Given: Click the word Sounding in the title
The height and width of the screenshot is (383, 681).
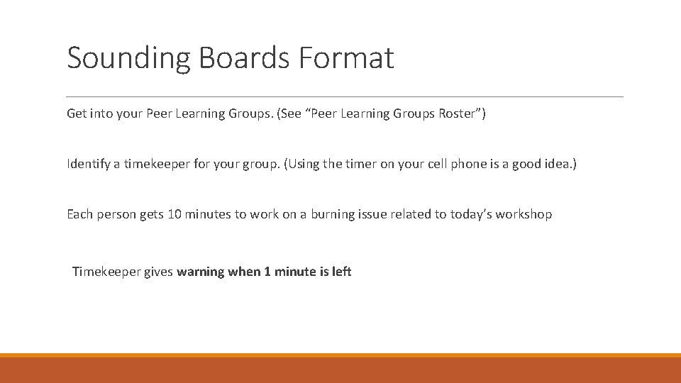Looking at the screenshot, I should [x=128, y=58].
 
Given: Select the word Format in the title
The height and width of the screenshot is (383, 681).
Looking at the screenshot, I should [x=346, y=58].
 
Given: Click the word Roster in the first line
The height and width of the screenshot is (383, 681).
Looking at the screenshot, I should [x=458, y=113].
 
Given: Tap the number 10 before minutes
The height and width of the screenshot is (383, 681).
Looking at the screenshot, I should [x=174, y=214].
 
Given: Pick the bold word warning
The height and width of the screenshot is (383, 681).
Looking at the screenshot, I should [x=201, y=272].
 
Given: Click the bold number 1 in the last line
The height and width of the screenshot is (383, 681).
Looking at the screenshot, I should [x=267, y=272].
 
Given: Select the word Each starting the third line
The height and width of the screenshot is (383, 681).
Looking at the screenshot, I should [x=79, y=214].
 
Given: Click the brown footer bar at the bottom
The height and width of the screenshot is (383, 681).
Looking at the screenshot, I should [x=340, y=370].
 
